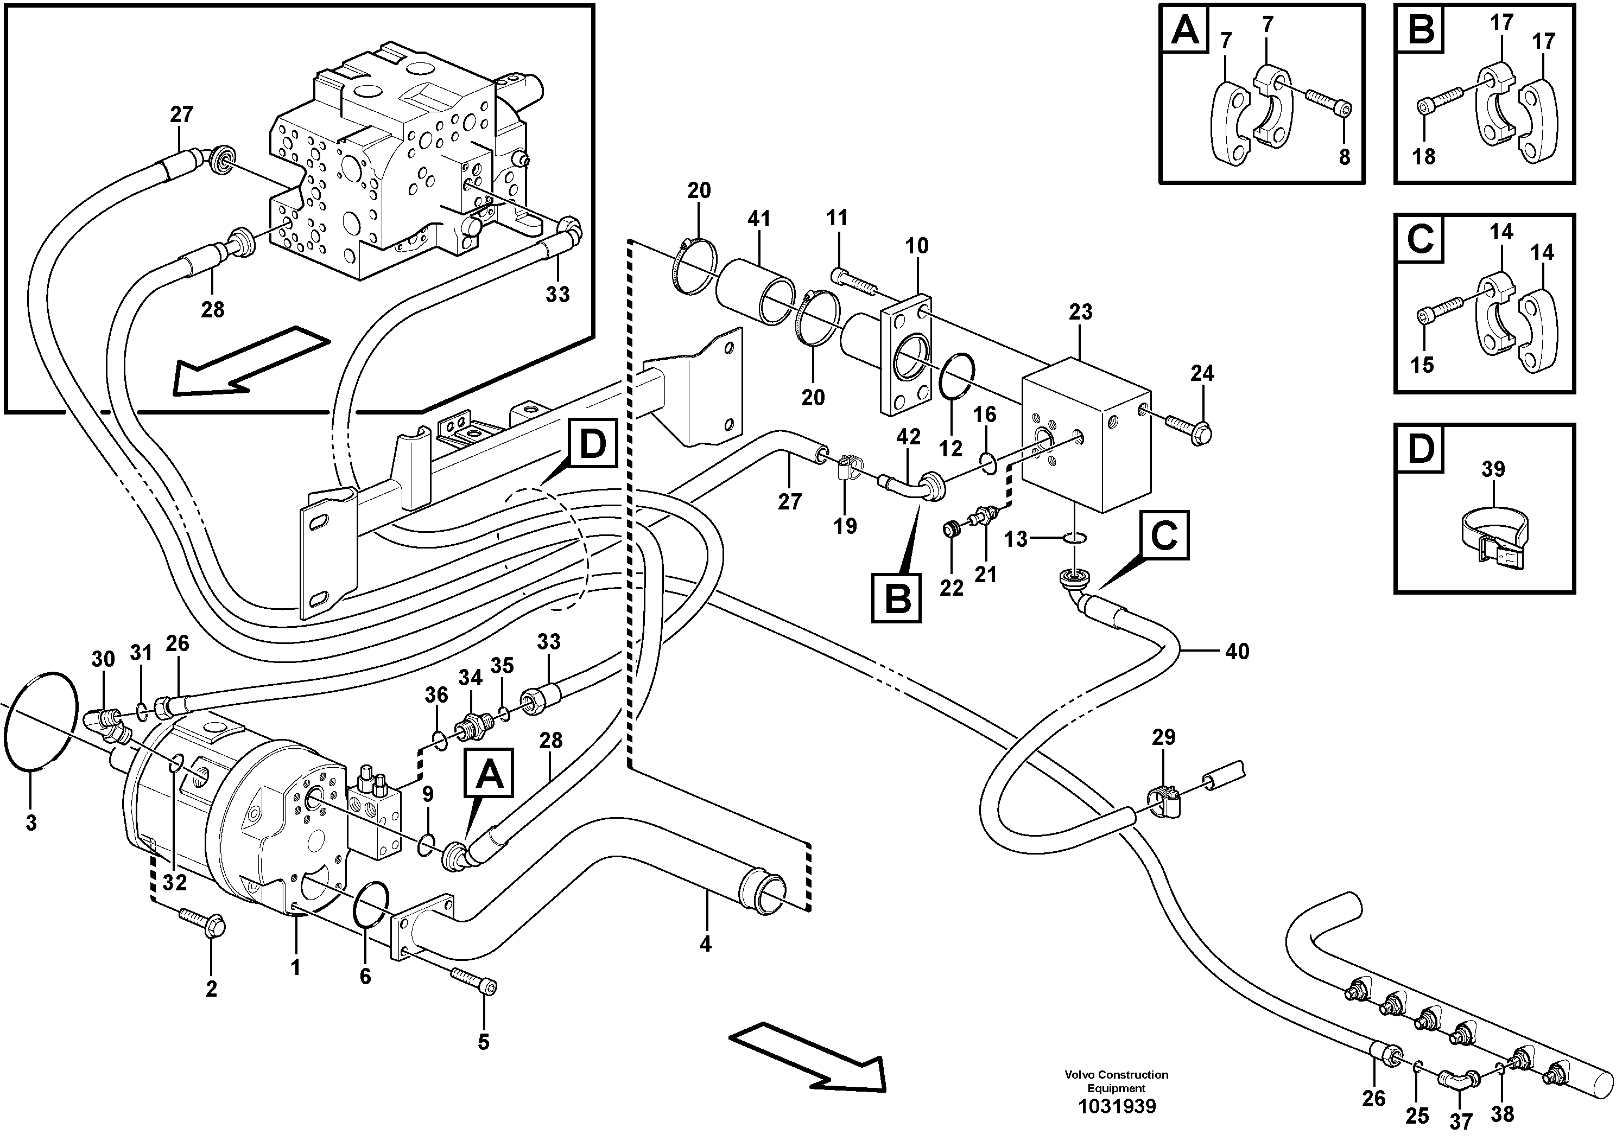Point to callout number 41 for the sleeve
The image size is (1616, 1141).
tap(759, 220)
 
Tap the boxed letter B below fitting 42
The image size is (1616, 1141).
tap(896, 598)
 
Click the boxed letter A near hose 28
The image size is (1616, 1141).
tap(490, 775)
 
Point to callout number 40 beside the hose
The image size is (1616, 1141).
tap(1237, 652)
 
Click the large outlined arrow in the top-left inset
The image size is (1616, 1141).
tap(250, 366)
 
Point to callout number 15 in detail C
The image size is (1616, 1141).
tap(1422, 365)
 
